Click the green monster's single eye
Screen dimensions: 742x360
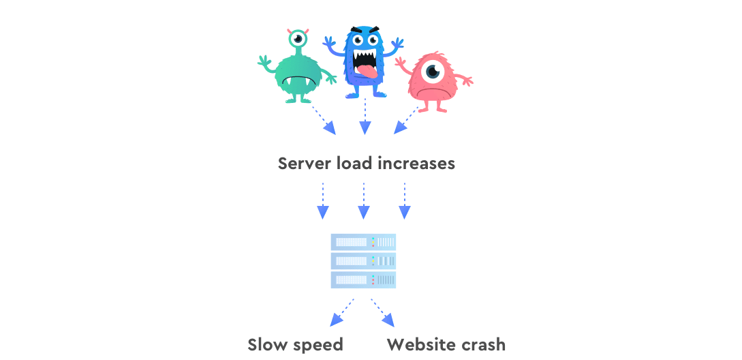tap(298, 39)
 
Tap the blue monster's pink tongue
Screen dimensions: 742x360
tap(365, 72)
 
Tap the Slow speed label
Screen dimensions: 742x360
tap(295, 345)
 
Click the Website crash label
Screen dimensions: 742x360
tap(446, 345)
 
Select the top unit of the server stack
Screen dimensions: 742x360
tap(363, 242)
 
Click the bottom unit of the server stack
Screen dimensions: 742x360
tap(363, 280)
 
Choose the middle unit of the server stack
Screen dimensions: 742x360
tap(363, 261)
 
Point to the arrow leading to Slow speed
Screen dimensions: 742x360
tap(341, 313)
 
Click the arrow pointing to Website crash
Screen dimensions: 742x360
tap(382, 313)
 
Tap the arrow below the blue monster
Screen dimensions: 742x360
tap(365, 117)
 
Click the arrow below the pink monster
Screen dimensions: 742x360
tap(407, 120)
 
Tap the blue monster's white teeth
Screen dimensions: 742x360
tap(364, 60)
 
